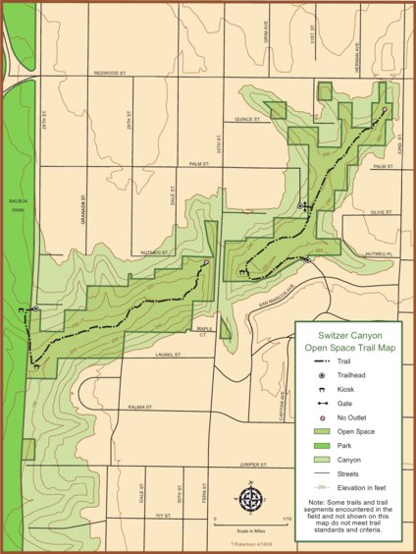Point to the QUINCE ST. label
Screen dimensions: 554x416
tap(247, 121)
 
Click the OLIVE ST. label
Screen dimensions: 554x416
tap(381, 211)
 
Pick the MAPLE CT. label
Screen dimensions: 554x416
tap(204, 332)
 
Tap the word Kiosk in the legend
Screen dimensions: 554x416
tap(346, 390)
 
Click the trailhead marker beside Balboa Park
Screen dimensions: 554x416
tap(36, 309)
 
